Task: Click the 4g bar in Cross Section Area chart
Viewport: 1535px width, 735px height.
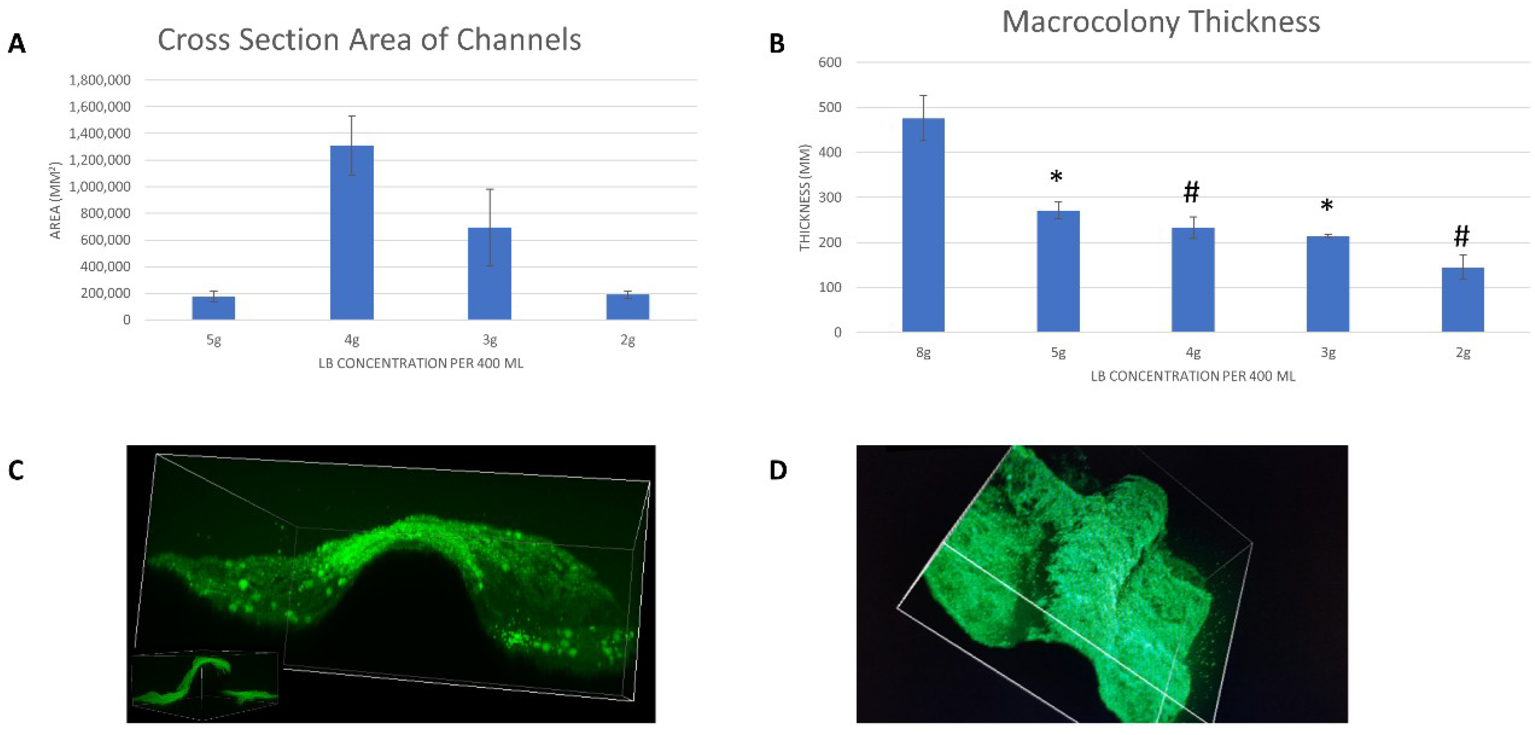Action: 352,233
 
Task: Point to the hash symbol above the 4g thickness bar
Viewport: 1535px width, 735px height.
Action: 1191,192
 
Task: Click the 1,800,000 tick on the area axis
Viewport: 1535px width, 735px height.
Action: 100,80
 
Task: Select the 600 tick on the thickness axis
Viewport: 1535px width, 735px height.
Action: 830,62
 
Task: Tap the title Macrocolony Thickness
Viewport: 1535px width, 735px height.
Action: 1160,22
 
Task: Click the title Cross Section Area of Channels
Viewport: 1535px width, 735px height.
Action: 369,40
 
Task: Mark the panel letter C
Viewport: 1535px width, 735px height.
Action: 16,471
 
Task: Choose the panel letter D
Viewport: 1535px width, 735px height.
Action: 777,471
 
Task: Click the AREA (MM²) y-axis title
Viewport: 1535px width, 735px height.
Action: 55,200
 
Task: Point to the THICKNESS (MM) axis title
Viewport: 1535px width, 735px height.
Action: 804,197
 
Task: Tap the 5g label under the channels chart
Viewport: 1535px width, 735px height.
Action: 213,340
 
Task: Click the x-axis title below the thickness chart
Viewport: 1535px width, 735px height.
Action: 1192,376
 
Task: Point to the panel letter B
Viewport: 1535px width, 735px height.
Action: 777,43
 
